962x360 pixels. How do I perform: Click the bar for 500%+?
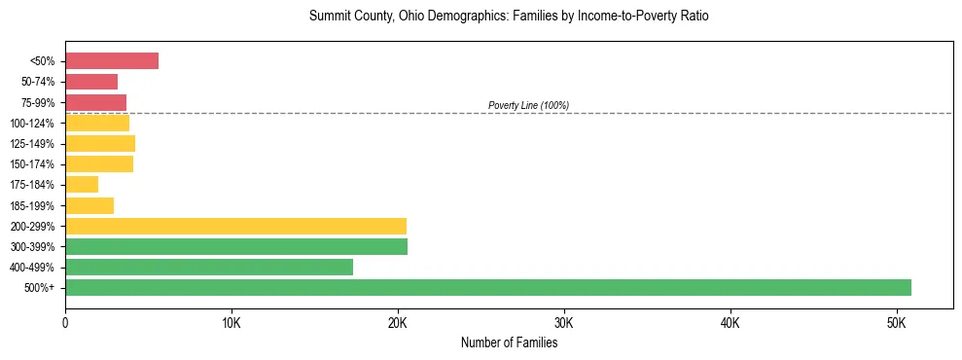[x=487, y=288]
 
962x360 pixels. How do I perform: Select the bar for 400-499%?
[x=209, y=268]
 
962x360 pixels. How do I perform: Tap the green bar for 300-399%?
[x=236, y=247]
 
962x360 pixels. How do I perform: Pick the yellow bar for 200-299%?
[x=235, y=227]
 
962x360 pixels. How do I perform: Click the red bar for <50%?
[x=112, y=61]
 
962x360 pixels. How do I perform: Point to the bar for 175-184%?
[x=82, y=185]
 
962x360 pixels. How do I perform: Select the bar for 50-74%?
[x=91, y=82]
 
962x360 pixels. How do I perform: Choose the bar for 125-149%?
[x=100, y=144]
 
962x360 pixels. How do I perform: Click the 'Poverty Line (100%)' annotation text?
[x=528, y=105]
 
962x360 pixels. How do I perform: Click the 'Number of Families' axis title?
[x=509, y=342]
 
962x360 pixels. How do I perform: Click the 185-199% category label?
[x=35, y=206]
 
